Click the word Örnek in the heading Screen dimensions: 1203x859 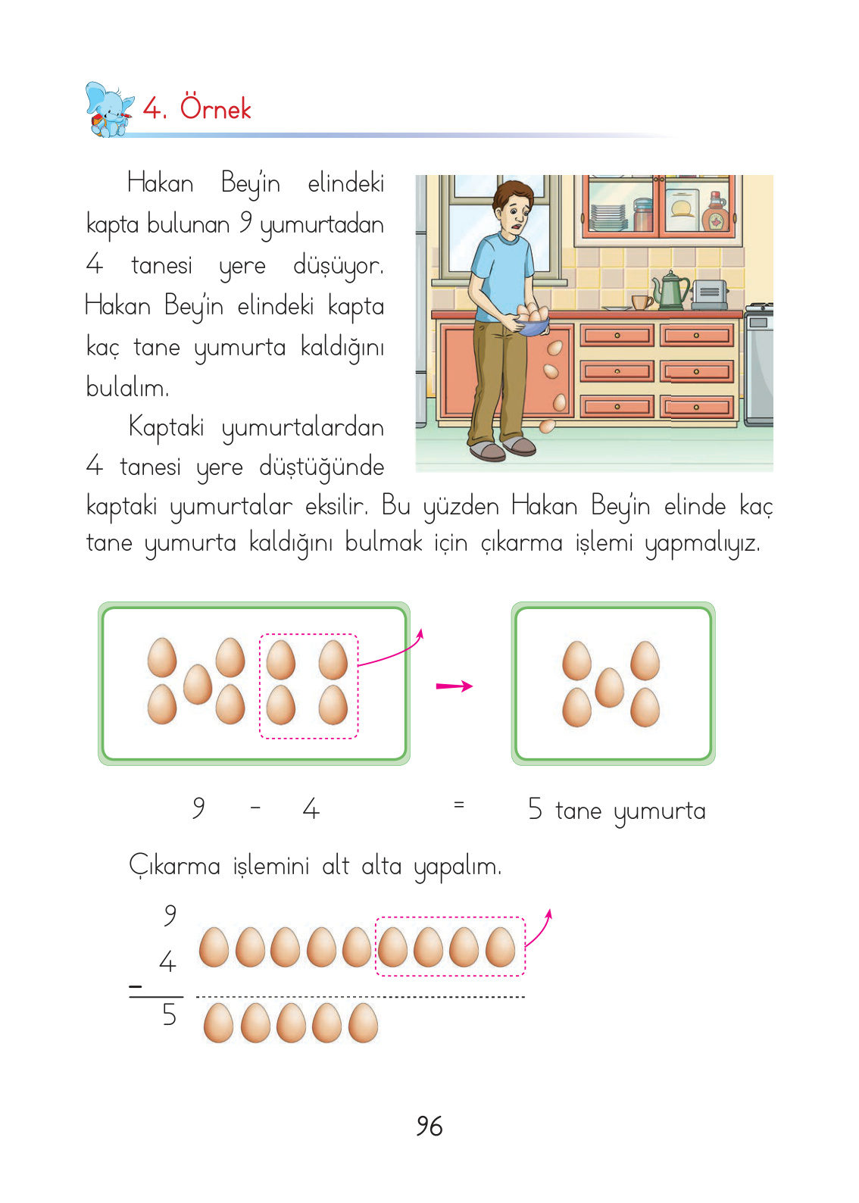[x=215, y=109]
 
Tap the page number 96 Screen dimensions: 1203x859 [x=429, y=1126]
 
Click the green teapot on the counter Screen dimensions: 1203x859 [x=671, y=290]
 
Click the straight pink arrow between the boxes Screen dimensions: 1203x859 [x=454, y=686]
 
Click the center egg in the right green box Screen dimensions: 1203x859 [x=609, y=687]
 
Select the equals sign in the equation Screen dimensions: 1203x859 [x=458, y=805]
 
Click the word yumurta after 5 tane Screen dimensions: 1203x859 [x=659, y=811]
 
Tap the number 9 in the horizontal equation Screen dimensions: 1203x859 [x=198, y=808]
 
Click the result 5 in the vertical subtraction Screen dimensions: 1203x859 [x=170, y=1015]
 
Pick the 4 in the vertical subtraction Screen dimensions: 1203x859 [x=167, y=962]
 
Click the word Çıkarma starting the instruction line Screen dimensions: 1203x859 [x=174, y=865]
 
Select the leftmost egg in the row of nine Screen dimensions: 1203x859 [x=214, y=948]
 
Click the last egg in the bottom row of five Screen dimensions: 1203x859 [x=363, y=1023]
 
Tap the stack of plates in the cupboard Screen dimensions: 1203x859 [x=608, y=217]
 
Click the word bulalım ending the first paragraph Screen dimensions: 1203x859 [x=127, y=387]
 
